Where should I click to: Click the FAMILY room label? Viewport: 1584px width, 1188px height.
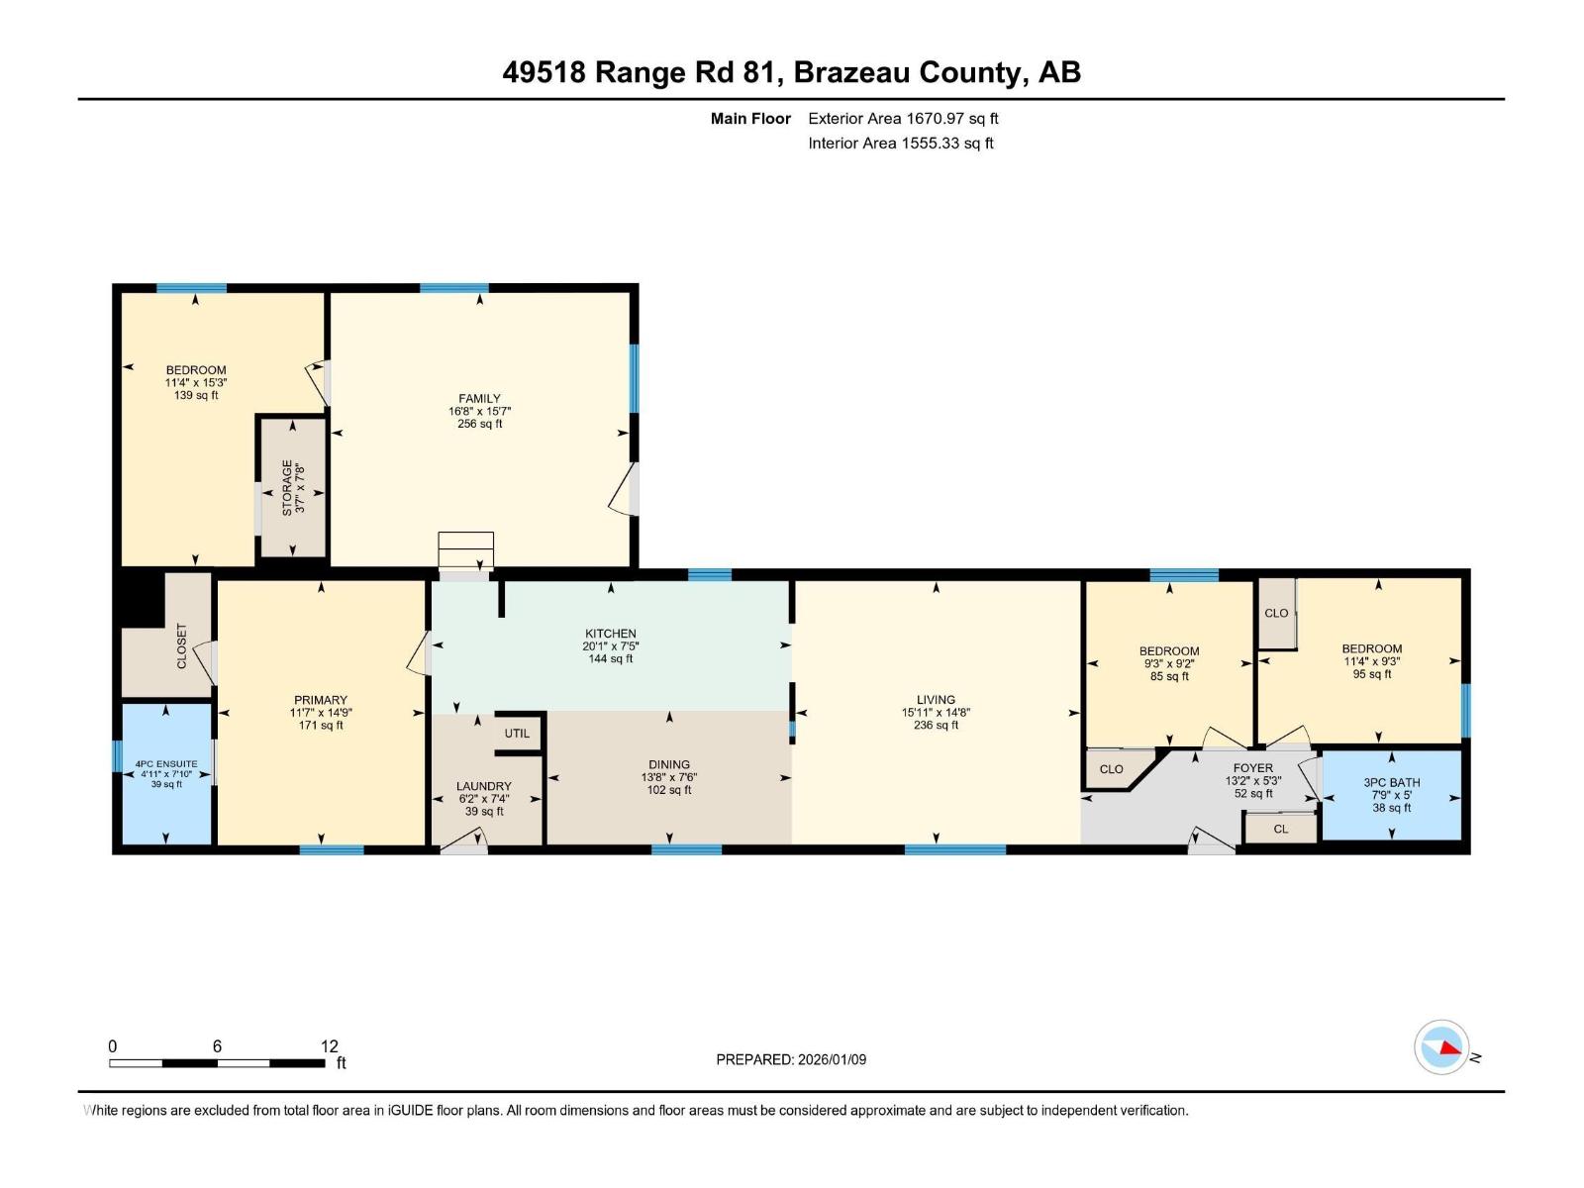pyautogui.click(x=479, y=399)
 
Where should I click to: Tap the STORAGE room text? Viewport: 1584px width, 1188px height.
pyautogui.click(x=288, y=486)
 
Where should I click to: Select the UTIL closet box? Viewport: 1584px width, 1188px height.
pyautogui.click(x=518, y=734)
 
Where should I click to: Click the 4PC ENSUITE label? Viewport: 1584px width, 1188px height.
pyautogui.click(x=166, y=764)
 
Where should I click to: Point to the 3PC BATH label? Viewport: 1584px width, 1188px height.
pyautogui.click(x=1391, y=782)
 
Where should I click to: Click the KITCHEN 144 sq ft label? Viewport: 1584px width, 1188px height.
pyautogui.click(x=611, y=658)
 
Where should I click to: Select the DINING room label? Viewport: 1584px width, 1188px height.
pyautogui.click(x=669, y=764)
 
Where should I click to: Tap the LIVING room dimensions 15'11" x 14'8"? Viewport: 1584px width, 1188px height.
pyautogui.click(x=936, y=713)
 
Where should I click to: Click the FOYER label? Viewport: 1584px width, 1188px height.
pyautogui.click(x=1252, y=767)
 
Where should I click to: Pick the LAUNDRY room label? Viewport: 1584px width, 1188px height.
pyautogui.click(x=484, y=786)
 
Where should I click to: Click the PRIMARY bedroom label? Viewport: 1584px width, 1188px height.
pyautogui.click(x=320, y=700)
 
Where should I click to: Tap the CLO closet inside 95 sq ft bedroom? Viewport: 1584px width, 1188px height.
pyautogui.click(x=1276, y=613)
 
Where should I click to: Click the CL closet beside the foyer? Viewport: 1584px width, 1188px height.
pyautogui.click(x=1281, y=830)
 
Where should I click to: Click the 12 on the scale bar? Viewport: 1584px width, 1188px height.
pyautogui.click(x=330, y=1045)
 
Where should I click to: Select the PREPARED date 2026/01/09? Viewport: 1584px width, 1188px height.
pyautogui.click(x=791, y=1059)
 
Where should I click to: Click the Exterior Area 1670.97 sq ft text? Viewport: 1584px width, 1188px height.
pyautogui.click(x=903, y=118)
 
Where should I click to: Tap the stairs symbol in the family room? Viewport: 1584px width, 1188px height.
pyautogui.click(x=465, y=550)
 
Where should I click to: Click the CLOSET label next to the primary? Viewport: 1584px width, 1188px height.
pyautogui.click(x=181, y=645)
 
